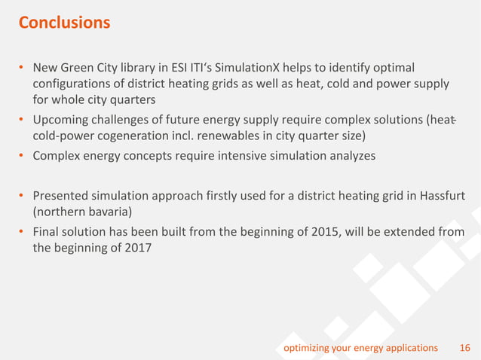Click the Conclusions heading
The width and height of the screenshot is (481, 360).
click(64, 23)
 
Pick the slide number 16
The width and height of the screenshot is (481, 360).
click(464, 347)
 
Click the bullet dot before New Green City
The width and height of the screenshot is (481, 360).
click(23, 69)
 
